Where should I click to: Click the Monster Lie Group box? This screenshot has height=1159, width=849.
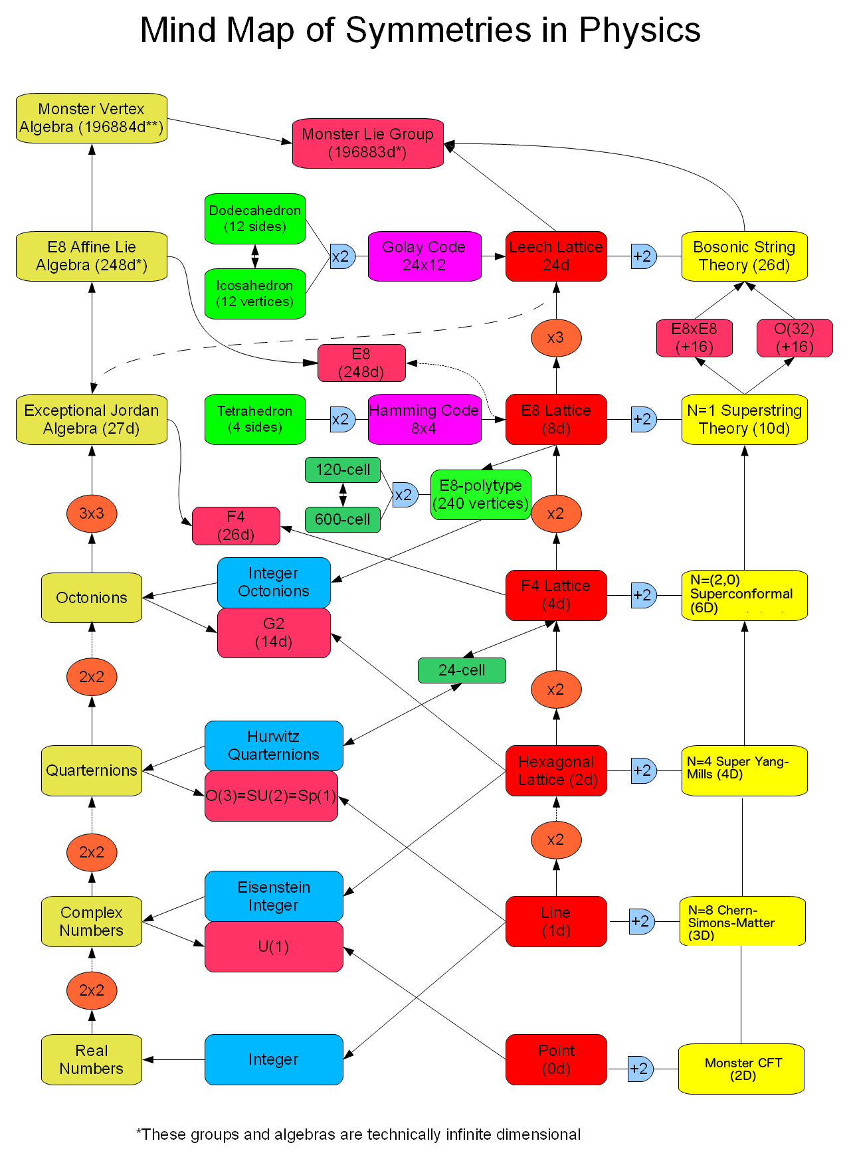tap(367, 143)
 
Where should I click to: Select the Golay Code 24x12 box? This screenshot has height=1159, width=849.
tap(424, 256)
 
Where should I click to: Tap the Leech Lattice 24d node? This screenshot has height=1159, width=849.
tap(556, 256)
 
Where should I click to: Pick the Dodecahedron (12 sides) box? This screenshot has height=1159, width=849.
tap(255, 219)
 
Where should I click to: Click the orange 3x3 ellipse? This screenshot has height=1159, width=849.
tap(92, 513)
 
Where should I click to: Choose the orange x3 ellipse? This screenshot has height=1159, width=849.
tap(556, 337)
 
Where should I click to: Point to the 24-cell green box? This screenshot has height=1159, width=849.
tap(462, 670)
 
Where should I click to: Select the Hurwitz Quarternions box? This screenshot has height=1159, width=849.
tap(274, 745)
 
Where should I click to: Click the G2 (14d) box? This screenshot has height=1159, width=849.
tap(274, 633)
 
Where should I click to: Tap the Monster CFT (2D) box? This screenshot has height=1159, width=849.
tap(742, 1069)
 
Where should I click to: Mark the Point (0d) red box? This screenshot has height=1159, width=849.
tap(556, 1059)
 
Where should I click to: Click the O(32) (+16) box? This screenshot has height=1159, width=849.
tap(795, 338)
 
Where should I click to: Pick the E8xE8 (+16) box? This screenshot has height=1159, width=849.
tap(694, 338)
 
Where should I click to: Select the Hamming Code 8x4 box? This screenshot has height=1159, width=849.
tap(424, 420)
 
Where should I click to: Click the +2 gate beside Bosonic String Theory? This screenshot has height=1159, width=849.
tap(643, 256)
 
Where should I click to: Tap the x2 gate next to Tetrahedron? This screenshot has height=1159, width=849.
tap(342, 420)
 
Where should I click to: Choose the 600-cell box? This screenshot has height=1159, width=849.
tap(343, 519)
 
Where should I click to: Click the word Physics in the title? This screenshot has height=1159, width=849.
tap(639, 31)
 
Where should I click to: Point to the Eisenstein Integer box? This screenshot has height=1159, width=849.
tap(274, 896)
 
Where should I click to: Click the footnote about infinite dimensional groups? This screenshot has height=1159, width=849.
tap(359, 1134)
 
